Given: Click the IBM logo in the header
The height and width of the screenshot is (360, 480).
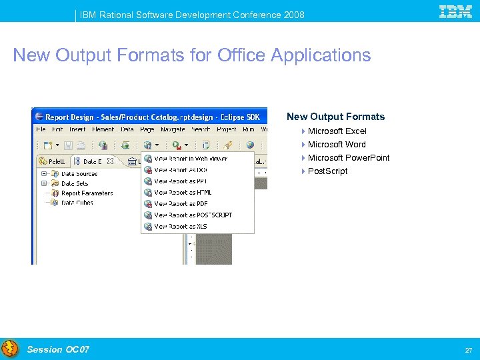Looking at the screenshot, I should pyautogui.click(x=455, y=11).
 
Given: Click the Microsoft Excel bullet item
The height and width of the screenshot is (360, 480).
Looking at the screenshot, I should pyautogui.click(x=337, y=131).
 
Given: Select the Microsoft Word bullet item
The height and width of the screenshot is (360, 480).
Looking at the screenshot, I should pyautogui.click(x=337, y=145).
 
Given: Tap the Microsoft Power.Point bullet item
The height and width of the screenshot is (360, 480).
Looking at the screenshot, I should pyautogui.click(x=348, y=158).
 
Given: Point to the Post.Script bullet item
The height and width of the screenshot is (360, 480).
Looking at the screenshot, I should pyautogui.click(x=327, y=171).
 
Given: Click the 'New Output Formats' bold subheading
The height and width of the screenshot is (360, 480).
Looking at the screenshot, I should pyautogui.click(x=335, y=117).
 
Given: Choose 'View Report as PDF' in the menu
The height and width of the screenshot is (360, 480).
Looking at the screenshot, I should pyautogui.click(x=181, y=204).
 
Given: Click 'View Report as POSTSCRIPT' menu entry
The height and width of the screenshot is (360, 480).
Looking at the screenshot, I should pyautogui.click(x=193, y=215).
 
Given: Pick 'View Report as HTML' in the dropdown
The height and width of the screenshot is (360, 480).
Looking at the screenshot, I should pyautogui.click(x=183, y=193).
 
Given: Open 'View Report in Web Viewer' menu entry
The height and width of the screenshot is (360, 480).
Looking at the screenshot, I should pyautogui.click(x=191, y=159).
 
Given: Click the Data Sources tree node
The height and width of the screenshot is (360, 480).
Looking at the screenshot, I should pyautogui.click(x=79, y=174).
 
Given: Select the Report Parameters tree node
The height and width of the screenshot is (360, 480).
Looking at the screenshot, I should pyautogui.click(x=87, y=193).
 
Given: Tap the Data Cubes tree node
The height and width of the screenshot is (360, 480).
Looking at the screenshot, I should pyautogui.click(x=77, y=203).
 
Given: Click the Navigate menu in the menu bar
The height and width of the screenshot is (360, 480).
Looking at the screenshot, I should pyautogui.click(x=172, y=129).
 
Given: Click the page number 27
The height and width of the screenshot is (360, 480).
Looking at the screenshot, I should pyautogui.click(x=469, y=350).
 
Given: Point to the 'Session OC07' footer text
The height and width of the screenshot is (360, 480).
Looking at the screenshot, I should pyautogui.click(x=58, y=349).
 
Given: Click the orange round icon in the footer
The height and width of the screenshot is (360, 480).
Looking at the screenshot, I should pyautogui.click(x=10, y=348).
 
